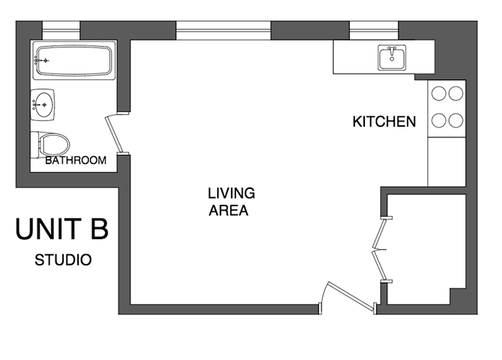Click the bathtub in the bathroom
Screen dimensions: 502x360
73,60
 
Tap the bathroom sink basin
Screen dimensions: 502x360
43,105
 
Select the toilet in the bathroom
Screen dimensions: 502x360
50,145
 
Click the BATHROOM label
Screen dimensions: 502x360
76,160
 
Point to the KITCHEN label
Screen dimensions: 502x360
384,121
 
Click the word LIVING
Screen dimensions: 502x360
232,193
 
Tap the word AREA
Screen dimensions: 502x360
229,211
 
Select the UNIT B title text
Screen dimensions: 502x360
62,229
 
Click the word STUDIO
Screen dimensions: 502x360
63,260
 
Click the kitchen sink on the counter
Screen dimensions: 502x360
392,58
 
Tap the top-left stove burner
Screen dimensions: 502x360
438,94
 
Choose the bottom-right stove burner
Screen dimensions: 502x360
456,121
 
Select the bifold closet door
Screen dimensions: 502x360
380,250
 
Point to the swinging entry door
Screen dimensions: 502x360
351,296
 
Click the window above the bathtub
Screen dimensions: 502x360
61,31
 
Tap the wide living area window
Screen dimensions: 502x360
223,31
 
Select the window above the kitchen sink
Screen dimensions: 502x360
374,31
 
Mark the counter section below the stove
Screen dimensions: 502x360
447,162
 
